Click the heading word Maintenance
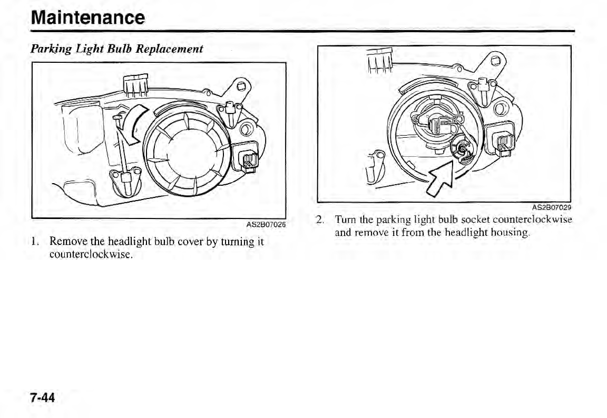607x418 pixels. pos(87,17)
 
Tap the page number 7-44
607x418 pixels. pos(43,397)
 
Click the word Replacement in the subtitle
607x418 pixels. pos(170,49)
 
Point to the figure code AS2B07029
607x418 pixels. pos(552,207)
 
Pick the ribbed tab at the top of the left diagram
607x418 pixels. pos(135,84)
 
